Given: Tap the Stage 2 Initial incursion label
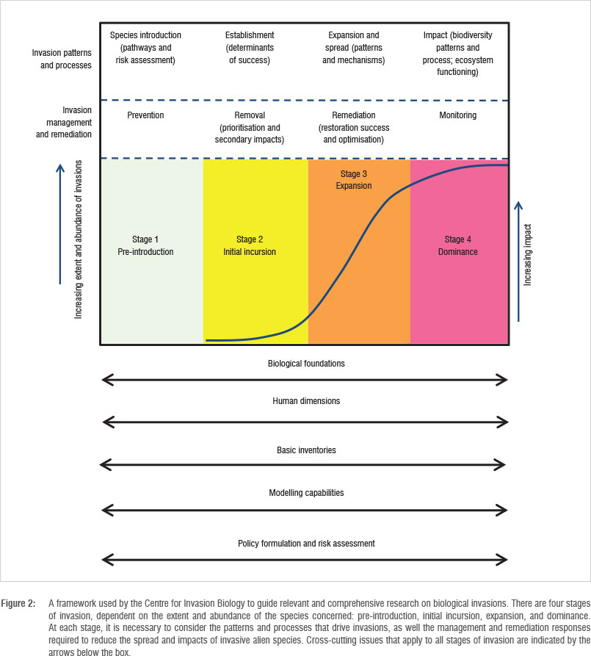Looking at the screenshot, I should [x=247, y=245].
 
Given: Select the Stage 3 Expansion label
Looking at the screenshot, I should [x=355, y=180].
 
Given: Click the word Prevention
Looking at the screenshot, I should [x=145, y=115].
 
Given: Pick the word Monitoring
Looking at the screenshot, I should [x=458, y=115].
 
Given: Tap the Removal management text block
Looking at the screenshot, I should [x=250, y=127].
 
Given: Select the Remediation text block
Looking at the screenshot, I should [x=354, y=127].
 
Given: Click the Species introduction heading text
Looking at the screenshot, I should [x=145, y=47].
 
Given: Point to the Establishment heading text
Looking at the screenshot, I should [x=250, y=47].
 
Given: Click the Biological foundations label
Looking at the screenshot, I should [x=306, y=363].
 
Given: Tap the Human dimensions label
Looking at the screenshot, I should [x=306, y=401].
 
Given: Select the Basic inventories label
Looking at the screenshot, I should [x=306, y=450].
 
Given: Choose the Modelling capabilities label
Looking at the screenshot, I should [x=306, y=492].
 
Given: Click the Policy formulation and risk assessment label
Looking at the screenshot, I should [x=306, y=544].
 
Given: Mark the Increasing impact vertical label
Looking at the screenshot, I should [x=528, y=255].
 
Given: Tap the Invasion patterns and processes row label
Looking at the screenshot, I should [x=62, y=59].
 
